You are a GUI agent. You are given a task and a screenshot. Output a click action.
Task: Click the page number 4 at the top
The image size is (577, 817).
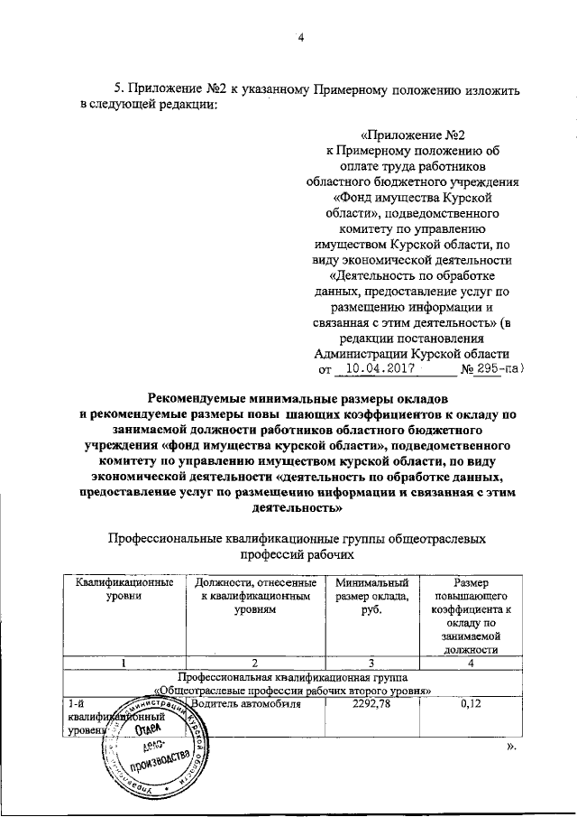(x=302, y=37)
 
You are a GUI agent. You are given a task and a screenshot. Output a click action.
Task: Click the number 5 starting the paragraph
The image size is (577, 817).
(x=117, y=88)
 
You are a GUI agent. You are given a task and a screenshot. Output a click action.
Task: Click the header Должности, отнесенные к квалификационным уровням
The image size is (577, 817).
(x=254, y=597)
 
